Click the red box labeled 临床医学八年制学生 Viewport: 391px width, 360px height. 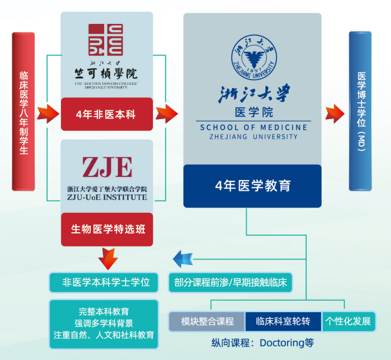tap(23, 111)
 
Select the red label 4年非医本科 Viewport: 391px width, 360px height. tap(106, 114)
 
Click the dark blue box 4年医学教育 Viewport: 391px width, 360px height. tap(252, 185)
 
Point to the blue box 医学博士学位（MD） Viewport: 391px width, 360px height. tap(360, 111)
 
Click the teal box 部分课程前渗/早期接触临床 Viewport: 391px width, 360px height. tap(231, 282)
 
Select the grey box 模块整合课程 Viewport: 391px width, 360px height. tap(206, 321)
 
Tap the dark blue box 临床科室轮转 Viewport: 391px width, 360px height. tap(283, 321)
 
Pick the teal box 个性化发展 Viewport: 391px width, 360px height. tap(349, 321)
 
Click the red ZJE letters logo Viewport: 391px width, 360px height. tap(106, 167)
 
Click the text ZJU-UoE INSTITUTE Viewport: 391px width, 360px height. tap(107, 197)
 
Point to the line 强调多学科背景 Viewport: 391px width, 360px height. tap(103, 323)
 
